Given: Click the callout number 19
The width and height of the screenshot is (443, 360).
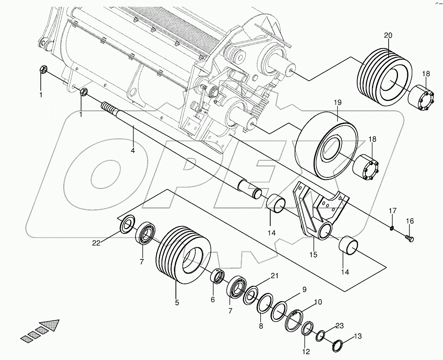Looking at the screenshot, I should coord(337,103).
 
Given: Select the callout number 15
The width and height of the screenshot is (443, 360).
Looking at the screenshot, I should coord(313,255).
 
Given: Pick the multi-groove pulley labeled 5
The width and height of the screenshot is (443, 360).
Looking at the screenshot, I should coord(183,255).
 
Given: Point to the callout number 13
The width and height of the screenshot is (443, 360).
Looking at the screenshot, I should coord(358,336).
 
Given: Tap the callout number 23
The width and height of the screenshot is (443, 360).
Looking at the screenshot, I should coord(340,326).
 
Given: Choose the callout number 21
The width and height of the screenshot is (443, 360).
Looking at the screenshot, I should coord(274,276).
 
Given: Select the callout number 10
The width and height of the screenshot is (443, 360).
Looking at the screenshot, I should coord(318,302).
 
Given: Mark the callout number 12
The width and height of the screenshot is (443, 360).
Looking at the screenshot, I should coord(306,352).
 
